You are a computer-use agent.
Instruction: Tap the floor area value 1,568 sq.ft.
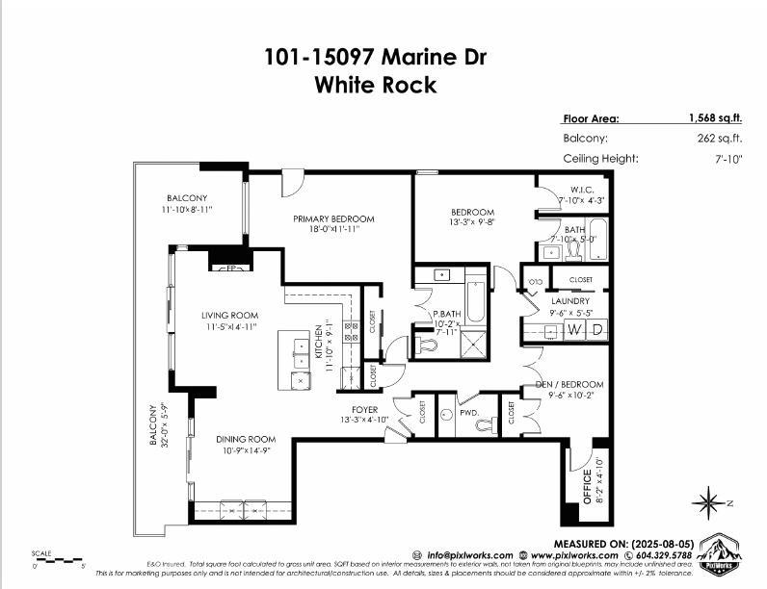(x=715, y=118)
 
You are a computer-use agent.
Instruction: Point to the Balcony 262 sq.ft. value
(x=720, y=139)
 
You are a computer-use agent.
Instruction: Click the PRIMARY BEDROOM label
(x=333, y=219)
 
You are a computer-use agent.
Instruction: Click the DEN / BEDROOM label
(x=569, y=384)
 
